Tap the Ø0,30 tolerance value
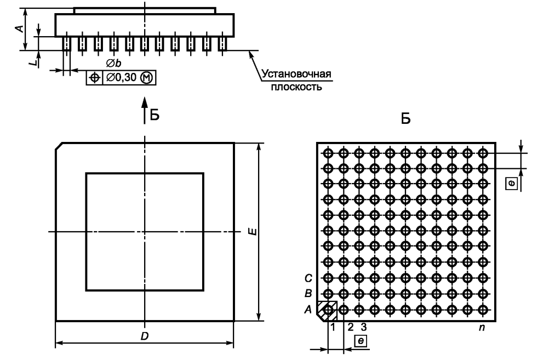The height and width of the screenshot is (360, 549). point(122,78)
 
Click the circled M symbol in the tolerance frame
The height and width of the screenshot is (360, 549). point(148,78)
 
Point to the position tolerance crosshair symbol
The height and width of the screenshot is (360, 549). point(94,78)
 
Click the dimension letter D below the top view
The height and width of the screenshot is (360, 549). point(144,336)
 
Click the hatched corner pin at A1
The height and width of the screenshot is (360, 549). point(328,310)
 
